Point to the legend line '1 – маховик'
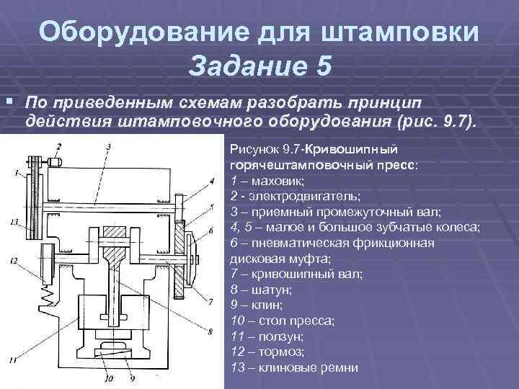coord(268,180)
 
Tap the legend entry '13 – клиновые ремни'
coord(293,367)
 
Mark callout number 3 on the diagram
coord(107,148)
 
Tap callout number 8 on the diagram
coord(210,331)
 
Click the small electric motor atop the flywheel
coord(56,162)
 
